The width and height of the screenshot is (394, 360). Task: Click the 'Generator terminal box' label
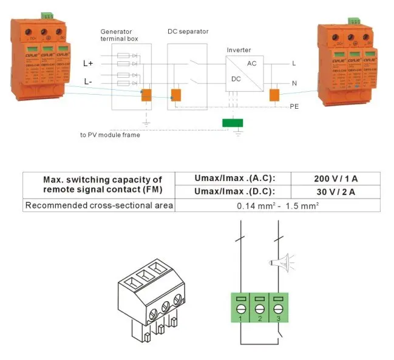[x=119, y=34]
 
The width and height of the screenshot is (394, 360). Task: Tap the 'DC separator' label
[x=188, y=30]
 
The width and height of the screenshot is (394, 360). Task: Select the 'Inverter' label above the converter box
[x=239, y=50]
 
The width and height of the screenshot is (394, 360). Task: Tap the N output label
[x=294, y=83]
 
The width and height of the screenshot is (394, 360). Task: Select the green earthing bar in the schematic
[x=233, y=123]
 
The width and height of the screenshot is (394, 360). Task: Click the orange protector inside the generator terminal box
[x=146, y=95]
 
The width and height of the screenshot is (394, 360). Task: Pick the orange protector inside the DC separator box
[x=175, y=95]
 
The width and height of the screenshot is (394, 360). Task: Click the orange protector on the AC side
[x=274, y=95]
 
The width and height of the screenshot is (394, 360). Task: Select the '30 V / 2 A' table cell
[x=335, y=192]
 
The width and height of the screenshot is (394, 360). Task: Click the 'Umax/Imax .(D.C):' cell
[x=234, y=192]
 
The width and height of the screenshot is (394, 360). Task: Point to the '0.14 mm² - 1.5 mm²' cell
[x=277, y=206]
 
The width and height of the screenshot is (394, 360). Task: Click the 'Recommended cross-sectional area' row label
[x=99, y=206]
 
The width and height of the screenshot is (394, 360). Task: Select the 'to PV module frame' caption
[x=110, y=135]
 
